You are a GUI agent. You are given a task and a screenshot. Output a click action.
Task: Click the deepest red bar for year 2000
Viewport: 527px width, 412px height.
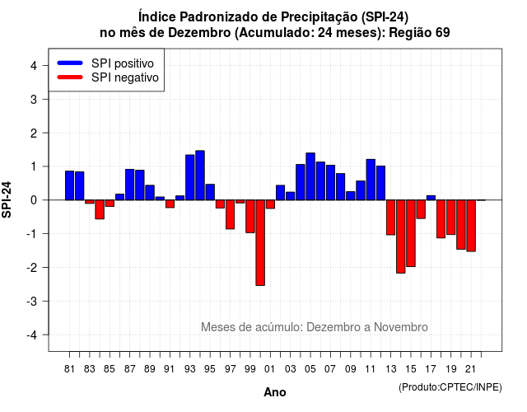tap(260, 242)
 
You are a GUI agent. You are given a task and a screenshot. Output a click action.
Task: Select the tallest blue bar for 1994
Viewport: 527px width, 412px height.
tap(200, 176)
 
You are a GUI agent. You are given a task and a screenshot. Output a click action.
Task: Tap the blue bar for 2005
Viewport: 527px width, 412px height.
tap(310, 176)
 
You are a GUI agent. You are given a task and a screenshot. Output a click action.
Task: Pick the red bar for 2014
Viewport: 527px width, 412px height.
tap(401, 236)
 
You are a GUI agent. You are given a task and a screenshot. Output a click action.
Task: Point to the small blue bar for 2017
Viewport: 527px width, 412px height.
tap(431, 198)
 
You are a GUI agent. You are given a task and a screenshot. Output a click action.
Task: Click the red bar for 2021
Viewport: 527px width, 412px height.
tap(471, 226)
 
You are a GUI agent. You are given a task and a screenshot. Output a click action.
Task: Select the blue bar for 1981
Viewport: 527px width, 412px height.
tap(69, 185)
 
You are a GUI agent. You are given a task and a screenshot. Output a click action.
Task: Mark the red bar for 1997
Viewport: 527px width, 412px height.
tap(230, 214)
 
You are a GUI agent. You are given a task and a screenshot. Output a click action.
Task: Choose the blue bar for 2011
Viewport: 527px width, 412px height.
tap(371, 180)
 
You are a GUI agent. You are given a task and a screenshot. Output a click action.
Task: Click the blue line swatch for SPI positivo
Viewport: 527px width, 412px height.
tap(70, 63)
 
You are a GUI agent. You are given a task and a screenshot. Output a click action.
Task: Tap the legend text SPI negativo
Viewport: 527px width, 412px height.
tap(125, 77)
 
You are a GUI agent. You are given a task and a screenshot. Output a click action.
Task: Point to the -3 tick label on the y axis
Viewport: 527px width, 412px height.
tap(32, 301)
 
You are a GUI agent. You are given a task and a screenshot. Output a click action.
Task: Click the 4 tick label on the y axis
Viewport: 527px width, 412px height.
tap(34, 65)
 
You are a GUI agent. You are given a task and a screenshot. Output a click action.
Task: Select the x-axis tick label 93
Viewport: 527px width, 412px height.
tap(190, 369)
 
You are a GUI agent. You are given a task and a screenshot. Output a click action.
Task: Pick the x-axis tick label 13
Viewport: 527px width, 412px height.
tap(390, 369)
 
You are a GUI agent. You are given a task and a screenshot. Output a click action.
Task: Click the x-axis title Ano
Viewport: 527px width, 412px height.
tap(275, 392)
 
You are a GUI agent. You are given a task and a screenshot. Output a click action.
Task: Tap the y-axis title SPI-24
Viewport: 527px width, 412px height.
tap(7, 199)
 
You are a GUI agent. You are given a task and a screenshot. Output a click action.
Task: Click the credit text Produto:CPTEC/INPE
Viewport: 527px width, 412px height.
tap(450, 387)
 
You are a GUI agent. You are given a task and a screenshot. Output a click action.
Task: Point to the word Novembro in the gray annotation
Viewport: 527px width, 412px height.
tap(401, 327)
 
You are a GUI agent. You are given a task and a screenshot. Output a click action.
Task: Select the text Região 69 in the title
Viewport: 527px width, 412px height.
tap(419, 33)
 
